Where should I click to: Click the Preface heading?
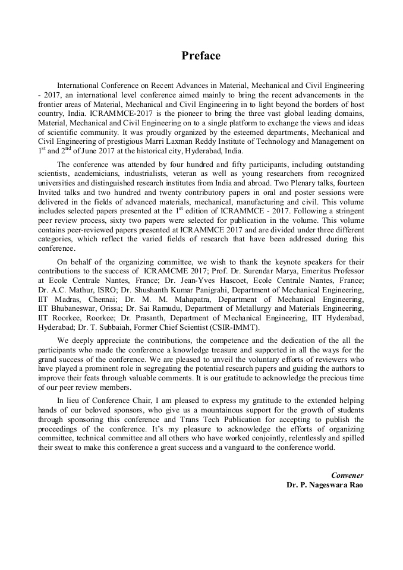(x=201, y=56)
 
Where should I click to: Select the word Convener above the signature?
(x=347, y=475)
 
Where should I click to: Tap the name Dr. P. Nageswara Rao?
(x=325, y=484)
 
